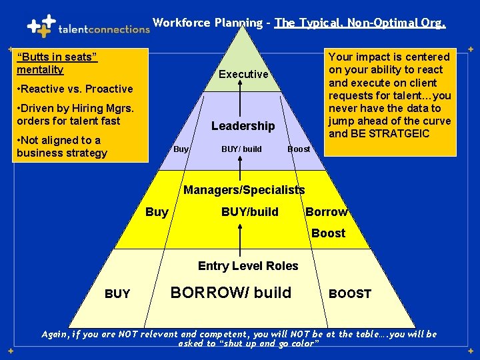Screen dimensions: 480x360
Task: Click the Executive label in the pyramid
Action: (243, 74)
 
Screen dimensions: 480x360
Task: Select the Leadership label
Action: (243, 125)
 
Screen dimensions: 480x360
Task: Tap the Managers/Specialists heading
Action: (244, 190)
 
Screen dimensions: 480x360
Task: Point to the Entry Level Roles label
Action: (248, 266)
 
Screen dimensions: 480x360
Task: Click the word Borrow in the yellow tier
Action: (327, 212)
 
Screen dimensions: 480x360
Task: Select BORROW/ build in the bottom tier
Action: (231, 292)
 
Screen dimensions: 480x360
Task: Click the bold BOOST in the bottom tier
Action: (350, 293)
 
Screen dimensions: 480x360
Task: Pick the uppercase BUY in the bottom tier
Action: (117, 293)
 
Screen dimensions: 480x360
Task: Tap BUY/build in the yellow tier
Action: (250, 212)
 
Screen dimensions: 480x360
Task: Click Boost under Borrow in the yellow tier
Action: (328, 233)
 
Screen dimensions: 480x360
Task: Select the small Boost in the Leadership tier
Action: (299, 149)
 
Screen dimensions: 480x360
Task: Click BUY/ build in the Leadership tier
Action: (241, 149)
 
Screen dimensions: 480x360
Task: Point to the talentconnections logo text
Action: (104, 29)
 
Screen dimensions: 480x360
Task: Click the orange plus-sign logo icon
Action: (40, 26)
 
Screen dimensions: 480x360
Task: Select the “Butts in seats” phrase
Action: (57, 57)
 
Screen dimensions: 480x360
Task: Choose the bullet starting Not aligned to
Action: (61, 146)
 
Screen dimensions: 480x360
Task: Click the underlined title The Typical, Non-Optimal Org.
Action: (360, 23)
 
